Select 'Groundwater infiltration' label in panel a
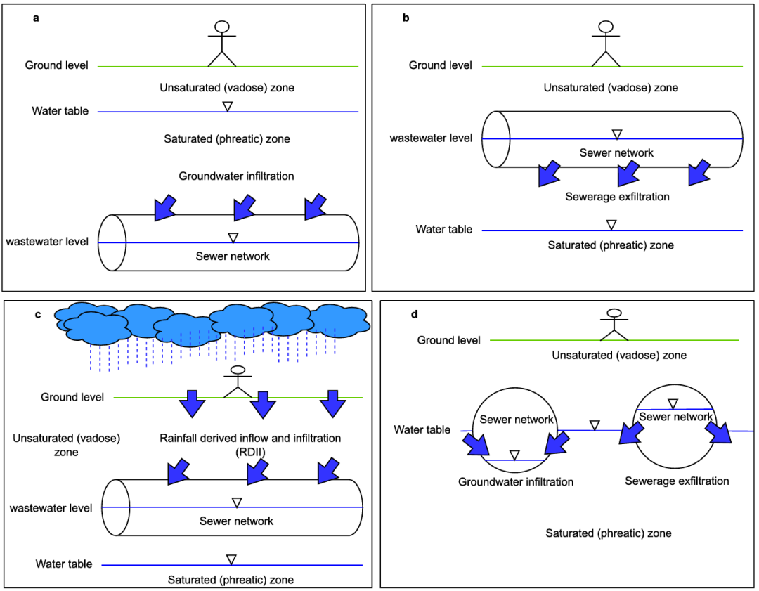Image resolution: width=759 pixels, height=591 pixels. click(236, 176)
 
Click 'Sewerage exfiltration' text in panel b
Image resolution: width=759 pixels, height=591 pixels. click(617, 197)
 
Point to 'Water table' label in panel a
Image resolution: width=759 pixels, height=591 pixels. click(60, 111)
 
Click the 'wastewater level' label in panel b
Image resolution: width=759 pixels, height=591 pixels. click(431, 138)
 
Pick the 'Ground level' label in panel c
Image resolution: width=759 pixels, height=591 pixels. click(72, 397)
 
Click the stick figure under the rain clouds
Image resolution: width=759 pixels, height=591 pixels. click(238, 382)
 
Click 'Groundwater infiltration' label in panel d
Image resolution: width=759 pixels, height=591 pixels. click(516, 482)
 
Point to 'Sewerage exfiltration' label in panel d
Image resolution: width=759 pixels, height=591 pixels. click(677, 481)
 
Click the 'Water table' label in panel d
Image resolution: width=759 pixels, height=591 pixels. click(422, 429)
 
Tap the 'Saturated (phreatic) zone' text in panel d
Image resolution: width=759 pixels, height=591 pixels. click(608, 533)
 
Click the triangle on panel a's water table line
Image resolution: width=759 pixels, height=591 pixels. click(227, 106)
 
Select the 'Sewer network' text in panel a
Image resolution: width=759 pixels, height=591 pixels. click(233, 256)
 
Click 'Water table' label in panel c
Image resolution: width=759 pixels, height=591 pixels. click(65, 564)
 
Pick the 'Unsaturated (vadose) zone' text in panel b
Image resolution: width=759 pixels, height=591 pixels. click(611, 88)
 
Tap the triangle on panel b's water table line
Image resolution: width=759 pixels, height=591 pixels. click(611, 225)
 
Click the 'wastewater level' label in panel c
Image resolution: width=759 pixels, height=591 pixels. click(51, 507)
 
